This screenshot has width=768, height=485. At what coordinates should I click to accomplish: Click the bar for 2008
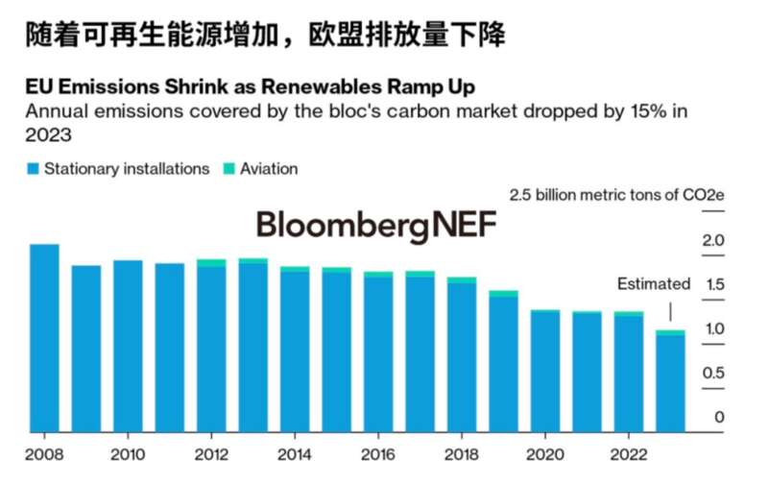(44, 338)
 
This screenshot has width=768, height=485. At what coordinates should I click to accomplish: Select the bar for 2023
(670, 382)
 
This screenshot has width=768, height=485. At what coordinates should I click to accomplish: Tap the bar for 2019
(503, 362)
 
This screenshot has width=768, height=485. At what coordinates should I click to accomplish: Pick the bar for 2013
(253, 346)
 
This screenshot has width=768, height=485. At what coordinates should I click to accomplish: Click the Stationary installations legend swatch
(33, 169)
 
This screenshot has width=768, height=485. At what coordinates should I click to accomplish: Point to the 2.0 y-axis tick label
(713, 240)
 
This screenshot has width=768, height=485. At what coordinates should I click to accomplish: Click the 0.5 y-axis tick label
(713, 373)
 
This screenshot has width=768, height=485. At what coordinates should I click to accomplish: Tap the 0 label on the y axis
(719, 418)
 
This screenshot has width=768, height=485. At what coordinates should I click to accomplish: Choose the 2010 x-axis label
(128, 453)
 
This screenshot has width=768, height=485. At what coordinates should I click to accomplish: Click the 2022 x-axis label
(628, 453)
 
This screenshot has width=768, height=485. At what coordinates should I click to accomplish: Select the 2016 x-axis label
(378, 453)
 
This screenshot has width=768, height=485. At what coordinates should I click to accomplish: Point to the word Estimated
(653, 284)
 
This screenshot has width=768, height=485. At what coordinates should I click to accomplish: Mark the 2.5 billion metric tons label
(616, 196)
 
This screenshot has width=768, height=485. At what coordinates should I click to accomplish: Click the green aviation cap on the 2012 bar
(211, 262)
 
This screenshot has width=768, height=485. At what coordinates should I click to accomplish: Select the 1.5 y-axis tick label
(713, 284)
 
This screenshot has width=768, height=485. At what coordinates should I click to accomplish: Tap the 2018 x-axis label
(462, 453)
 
